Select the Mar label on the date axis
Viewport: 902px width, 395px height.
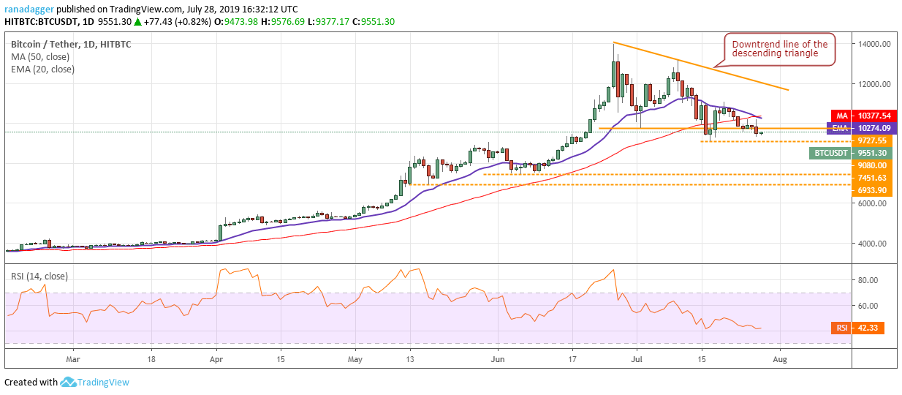point(72,359)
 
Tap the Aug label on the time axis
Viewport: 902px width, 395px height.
point(781,359)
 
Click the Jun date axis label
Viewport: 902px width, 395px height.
point(498,359)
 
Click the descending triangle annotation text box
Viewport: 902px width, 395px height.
point(779,49)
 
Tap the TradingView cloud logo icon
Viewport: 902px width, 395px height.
point(69,382)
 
